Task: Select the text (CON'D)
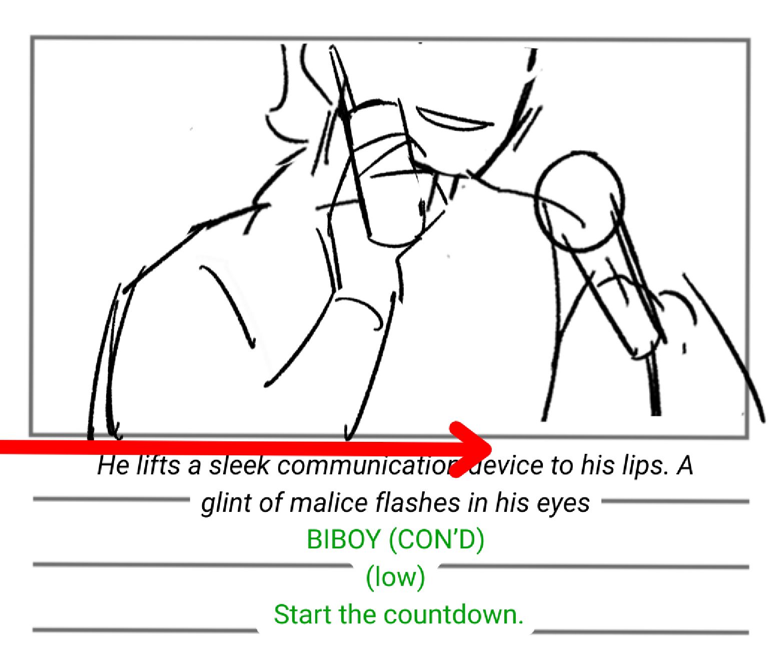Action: [437, 540]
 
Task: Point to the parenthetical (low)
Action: [395, 577]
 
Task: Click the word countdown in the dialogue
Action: [454, 615]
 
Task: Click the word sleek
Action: [239, 465]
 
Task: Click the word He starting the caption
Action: [113, 465]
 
